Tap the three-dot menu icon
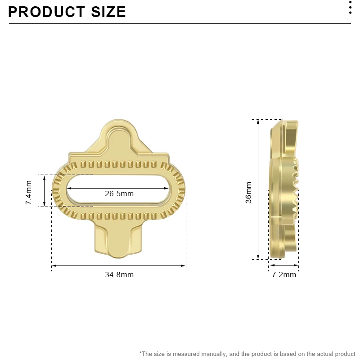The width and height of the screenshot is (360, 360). pos(351,8)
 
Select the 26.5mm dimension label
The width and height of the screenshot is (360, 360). pos(119,194)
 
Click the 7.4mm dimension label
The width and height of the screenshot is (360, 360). pos(29,193)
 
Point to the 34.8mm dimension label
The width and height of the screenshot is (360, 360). pos(119,274)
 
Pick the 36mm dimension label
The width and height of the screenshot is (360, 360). pos(248,193)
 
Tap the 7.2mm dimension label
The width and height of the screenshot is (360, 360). pos(284,274)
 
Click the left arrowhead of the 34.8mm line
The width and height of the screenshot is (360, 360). pos(54,266)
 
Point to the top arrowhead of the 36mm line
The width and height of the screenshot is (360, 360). pos(258,121)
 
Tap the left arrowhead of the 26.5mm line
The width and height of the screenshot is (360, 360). pos(69,188)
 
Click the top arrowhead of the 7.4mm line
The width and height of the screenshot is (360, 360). pos(45,177)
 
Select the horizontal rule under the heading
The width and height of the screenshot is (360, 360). pos(180,23)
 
